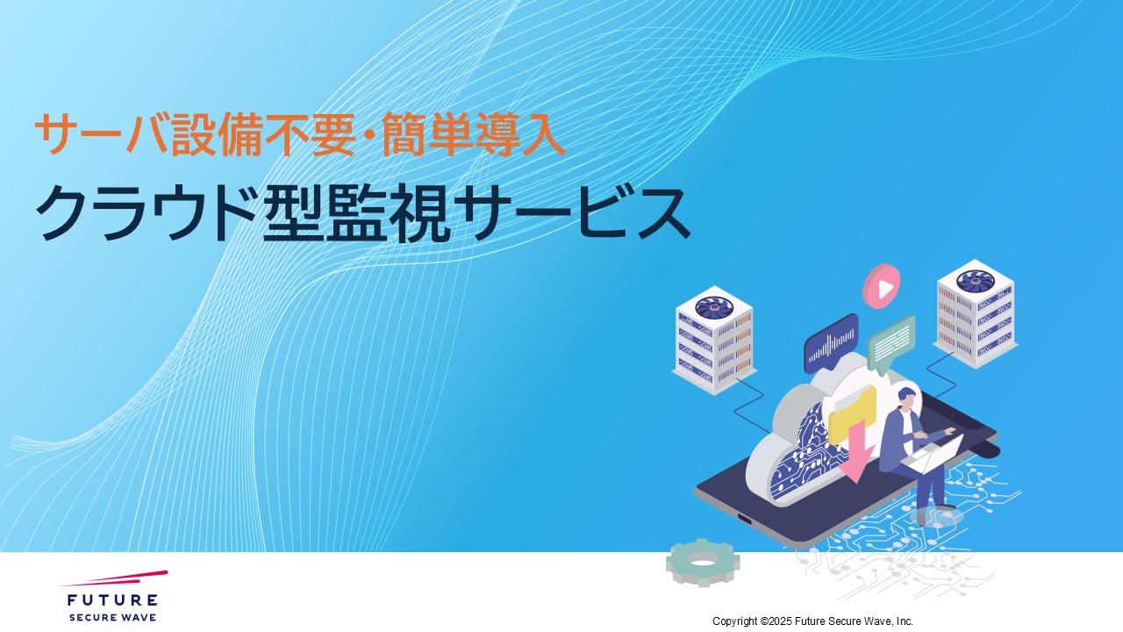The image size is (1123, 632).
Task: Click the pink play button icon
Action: (x=882, y=286)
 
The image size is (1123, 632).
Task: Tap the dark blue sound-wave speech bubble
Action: (x=831, y=343)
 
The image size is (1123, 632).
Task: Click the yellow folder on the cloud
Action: (x=852, y=413)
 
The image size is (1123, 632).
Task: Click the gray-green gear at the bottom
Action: (x=703, y=562)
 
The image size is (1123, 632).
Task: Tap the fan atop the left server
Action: (x=714, y=307)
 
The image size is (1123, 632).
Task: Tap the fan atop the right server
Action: (x=975, y=280)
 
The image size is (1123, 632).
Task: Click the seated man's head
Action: (x=906, y=398)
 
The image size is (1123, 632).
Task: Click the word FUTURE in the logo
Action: (x=112, y=600)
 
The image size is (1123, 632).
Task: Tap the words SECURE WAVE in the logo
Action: (x=112, y=617)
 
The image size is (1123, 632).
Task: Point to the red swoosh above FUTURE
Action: (x=114, y=578)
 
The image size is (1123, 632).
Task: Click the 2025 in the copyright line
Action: (x=780, y=621)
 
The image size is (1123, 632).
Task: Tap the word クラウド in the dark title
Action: (x=147, y=213)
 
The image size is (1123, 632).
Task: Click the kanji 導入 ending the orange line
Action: (x=520, y=134)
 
